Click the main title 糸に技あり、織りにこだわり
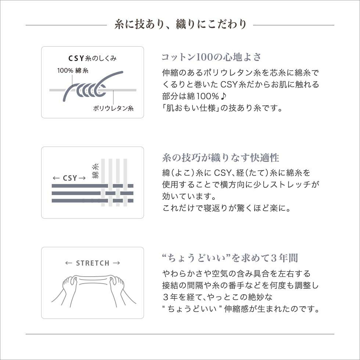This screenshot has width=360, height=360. (x=180, y=25)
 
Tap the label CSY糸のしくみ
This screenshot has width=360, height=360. (x=93, y=58)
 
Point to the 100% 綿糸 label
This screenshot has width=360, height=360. (x=72, y=71)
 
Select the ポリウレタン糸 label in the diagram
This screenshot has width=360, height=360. (x=113, y=108)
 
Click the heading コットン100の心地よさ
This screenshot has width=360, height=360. (x=212, y=57)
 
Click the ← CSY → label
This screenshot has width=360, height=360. (x=69, y=178)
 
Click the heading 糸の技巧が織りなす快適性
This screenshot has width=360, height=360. (x=220, y=158)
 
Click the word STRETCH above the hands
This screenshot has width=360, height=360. (x=93, y=263)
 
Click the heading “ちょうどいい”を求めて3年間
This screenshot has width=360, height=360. (x=230, y=258)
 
